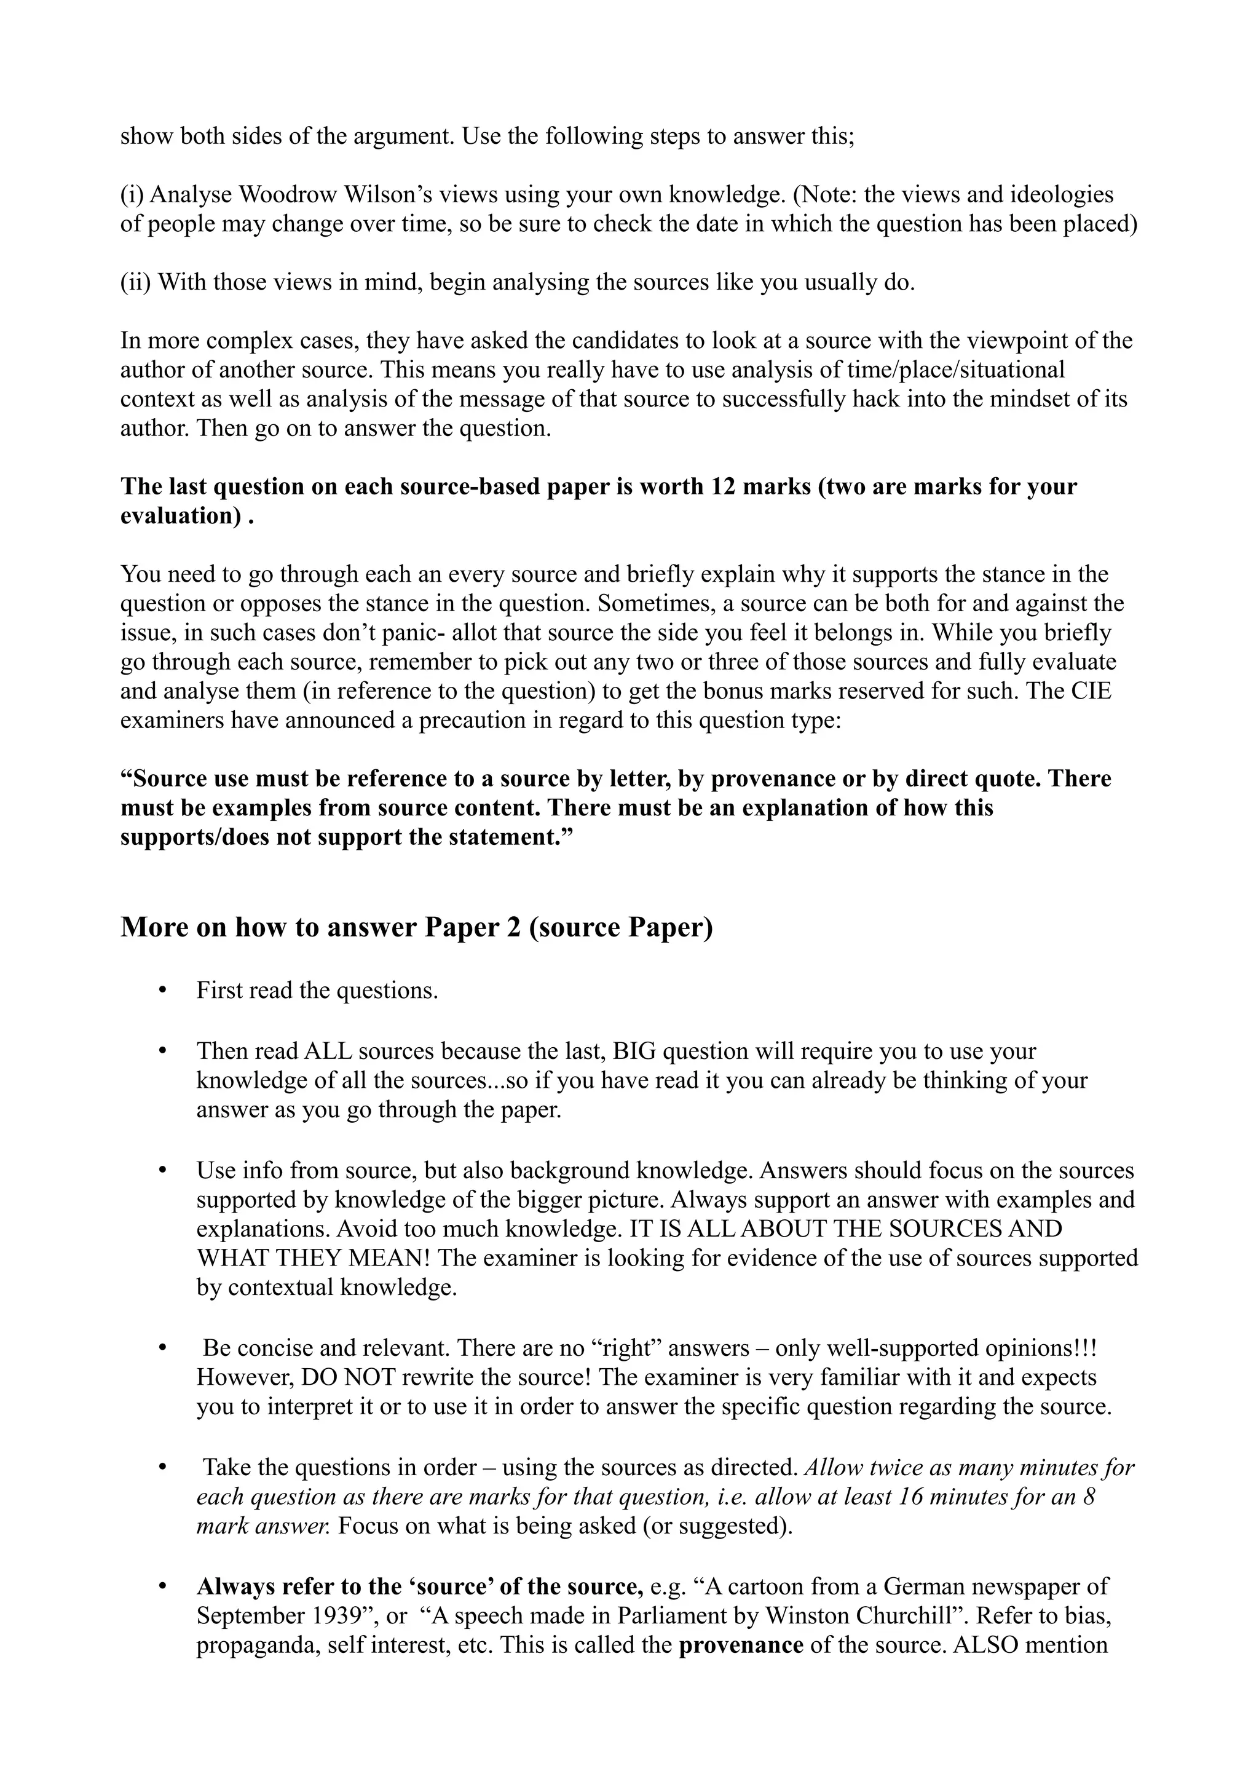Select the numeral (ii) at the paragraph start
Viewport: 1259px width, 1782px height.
tap(136, 282)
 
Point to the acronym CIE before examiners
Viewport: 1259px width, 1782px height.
tap(1091, 692)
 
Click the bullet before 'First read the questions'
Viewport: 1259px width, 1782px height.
tap(162, 991)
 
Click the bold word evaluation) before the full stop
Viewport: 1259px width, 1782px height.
tap(180, 516)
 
